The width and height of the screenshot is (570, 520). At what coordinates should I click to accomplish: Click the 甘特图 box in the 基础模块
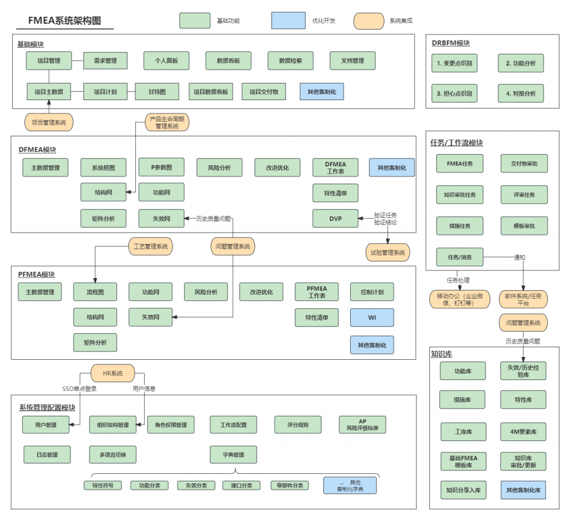(158, 92)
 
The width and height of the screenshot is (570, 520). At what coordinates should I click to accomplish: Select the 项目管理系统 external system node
(49, 122)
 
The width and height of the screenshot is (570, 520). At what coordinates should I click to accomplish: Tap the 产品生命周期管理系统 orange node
(168, 123)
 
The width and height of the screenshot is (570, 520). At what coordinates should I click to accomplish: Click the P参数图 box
(161, 167)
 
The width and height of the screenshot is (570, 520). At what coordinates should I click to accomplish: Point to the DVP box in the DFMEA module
(335, 219)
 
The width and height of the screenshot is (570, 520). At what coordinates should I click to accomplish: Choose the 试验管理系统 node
(387, 252)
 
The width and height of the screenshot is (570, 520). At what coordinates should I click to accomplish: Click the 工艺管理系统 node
(151, 246)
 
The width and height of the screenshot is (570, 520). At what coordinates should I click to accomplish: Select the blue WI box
(372, 318)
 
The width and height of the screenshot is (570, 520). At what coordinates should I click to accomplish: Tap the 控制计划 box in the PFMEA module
(372, 292)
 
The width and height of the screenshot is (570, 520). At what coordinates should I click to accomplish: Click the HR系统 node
(114, 373)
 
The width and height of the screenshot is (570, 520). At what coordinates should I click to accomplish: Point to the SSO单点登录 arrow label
(80, 389)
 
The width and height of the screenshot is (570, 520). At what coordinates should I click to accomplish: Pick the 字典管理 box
(233, 455)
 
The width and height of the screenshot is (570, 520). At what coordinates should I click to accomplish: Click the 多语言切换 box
(113, 455)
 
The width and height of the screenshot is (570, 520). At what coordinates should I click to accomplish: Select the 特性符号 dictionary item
(102, 486)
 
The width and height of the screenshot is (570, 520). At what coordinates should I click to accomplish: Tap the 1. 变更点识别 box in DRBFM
(454, 63)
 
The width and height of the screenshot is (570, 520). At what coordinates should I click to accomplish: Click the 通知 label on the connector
(519, 257)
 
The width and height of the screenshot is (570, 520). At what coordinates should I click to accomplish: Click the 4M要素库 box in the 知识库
(523, 432)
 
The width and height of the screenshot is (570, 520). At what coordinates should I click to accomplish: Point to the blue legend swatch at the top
(288, 21)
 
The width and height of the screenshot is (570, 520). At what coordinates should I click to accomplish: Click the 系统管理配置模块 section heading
(47, 408)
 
